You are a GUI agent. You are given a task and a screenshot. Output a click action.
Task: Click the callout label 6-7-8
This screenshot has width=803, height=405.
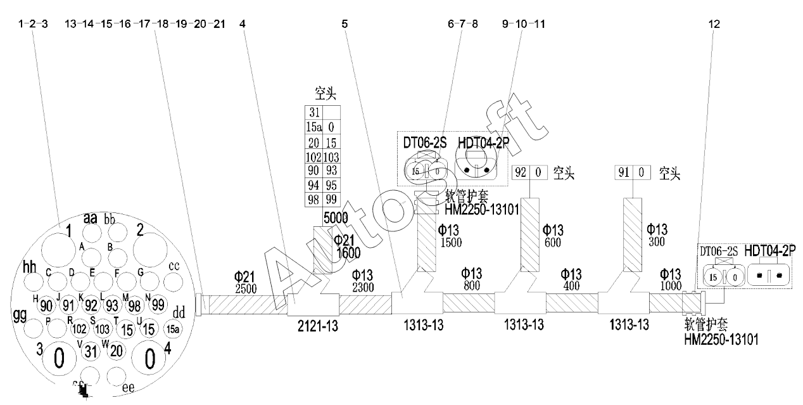(462, 24)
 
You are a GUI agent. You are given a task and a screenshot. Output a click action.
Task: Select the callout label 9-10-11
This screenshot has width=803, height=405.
(523, 24)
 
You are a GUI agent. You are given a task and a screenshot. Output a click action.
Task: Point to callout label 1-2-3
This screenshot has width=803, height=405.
(34, 24)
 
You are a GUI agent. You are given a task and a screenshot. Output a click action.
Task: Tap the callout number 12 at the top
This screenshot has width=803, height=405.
(715, 24)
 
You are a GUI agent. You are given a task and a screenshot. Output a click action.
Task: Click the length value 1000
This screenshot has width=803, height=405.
(671, 286)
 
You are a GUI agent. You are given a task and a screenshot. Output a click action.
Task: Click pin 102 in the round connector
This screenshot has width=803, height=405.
(80, 330)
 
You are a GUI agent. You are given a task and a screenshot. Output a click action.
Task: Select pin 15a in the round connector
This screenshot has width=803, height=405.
(172, 329)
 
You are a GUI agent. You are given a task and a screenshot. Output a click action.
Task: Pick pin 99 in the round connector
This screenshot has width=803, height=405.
(158, 305)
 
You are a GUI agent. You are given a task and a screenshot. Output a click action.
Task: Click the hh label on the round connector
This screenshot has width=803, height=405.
(29, 266)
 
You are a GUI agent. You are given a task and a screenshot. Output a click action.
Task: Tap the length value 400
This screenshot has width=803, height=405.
(571, 286)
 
